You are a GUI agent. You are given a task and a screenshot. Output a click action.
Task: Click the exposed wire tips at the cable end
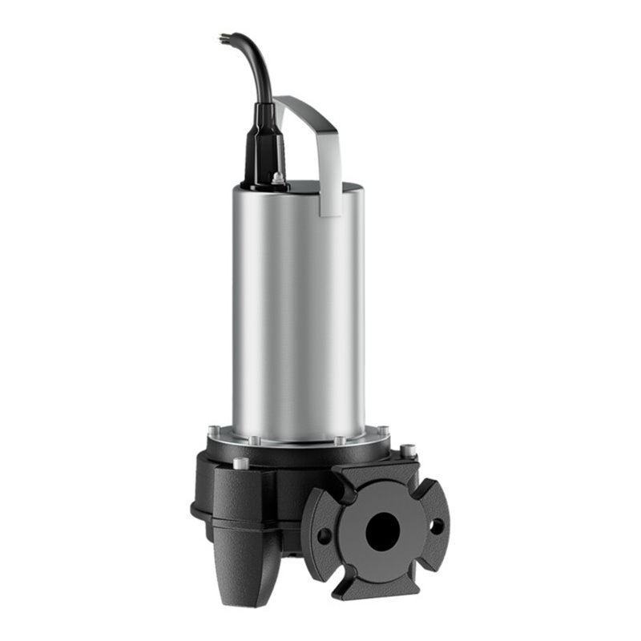[x=224, y=37]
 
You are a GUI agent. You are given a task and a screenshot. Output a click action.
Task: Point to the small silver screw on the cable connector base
[x=277, y=178]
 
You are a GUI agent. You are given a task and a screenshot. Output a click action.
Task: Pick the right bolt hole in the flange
[x=437, y=526]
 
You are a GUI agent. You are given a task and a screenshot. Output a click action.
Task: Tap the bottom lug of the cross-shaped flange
[x=383, y=585]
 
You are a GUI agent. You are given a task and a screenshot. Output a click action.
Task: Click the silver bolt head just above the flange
[x=408, y=450]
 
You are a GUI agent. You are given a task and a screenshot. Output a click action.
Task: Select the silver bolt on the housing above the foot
[x=240, y=463]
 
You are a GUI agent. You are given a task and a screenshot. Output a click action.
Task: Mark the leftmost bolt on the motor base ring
[x=213, y=431]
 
